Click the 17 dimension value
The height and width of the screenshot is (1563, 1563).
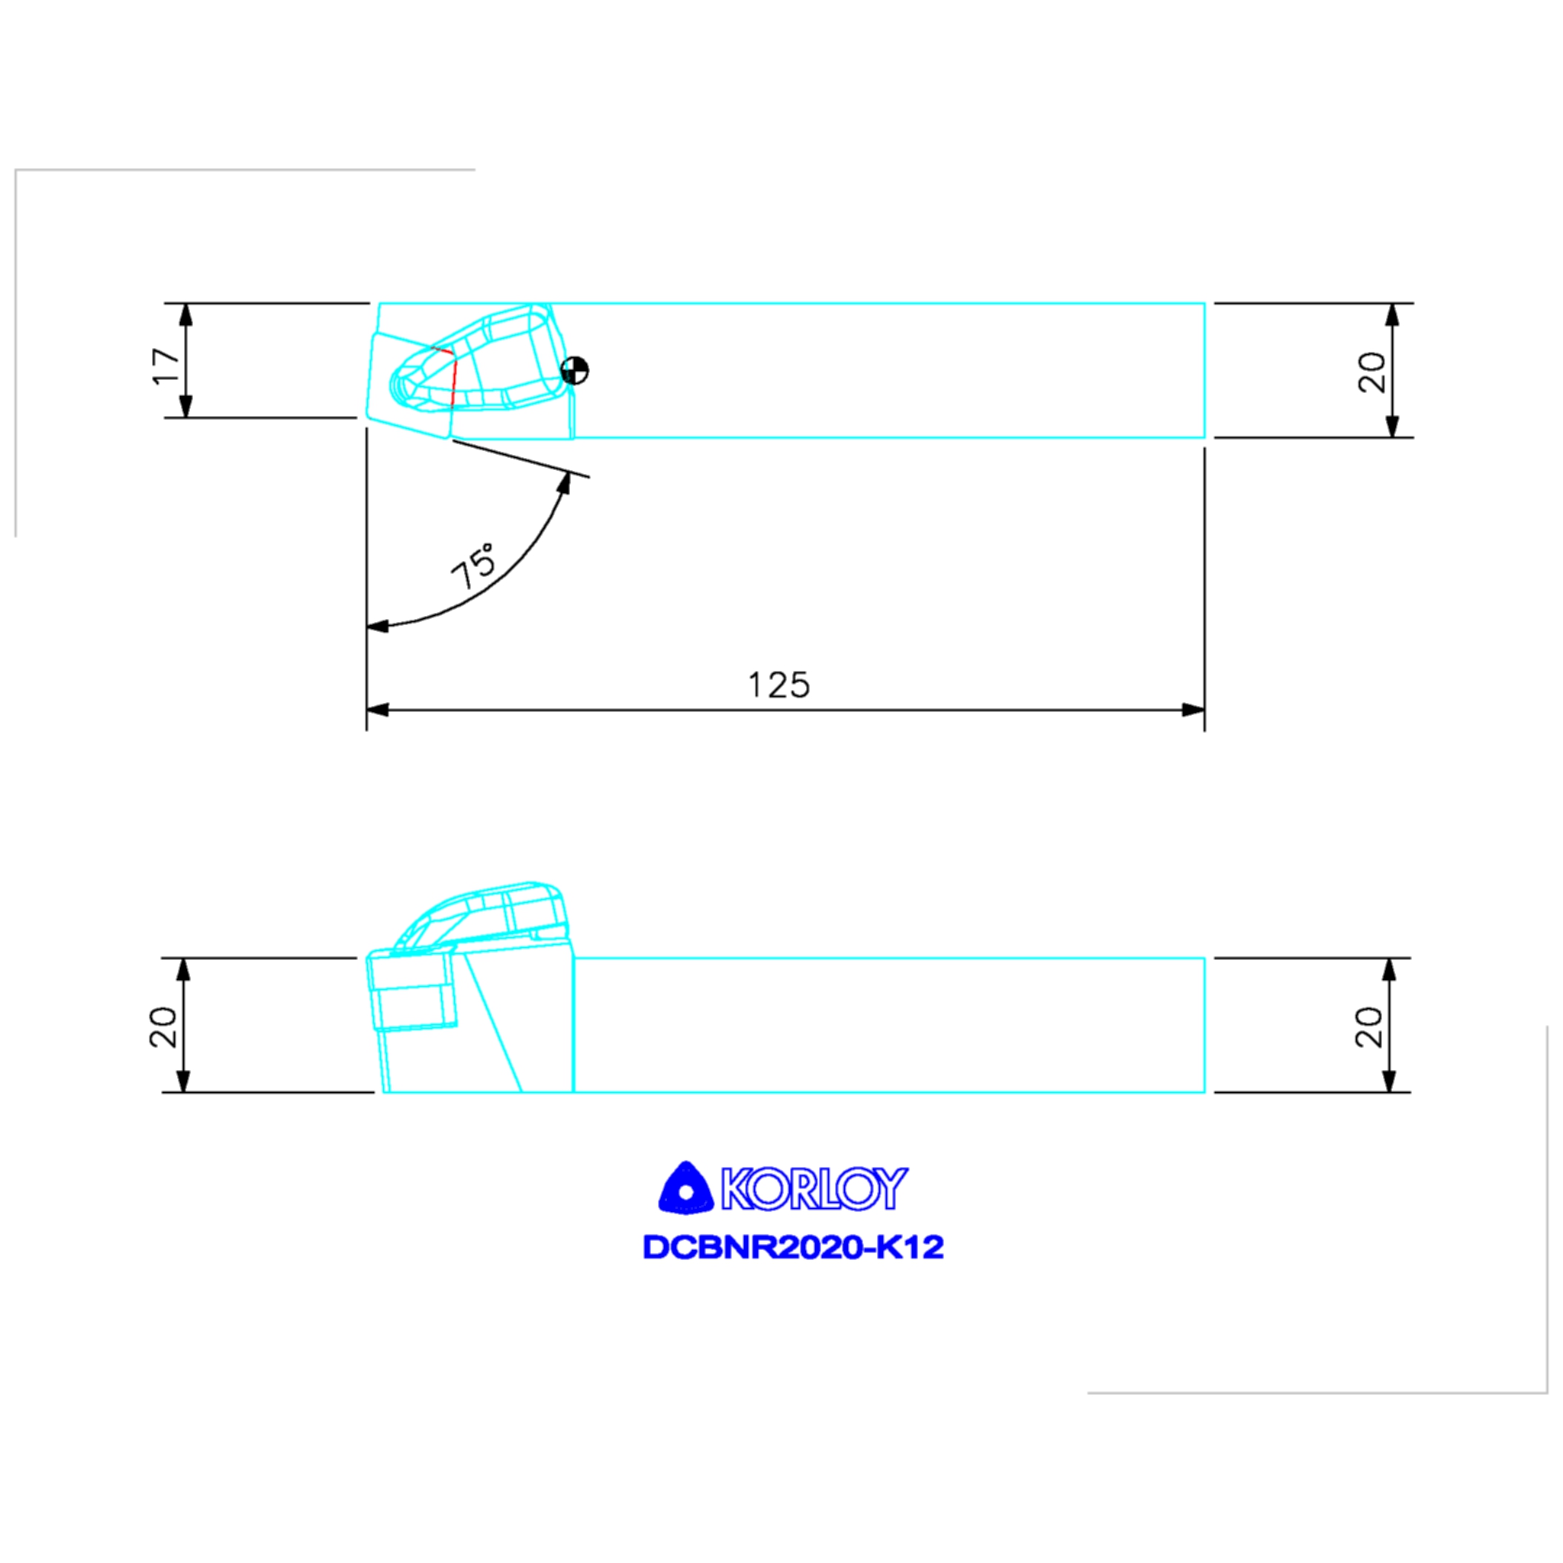click(x=166, y=366)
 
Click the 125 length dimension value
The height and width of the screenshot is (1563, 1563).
click(x=778, y=685)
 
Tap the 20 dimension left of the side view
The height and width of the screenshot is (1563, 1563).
click(x=163, y=1027)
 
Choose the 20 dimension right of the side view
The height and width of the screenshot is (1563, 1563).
click(x=1369, y=1027)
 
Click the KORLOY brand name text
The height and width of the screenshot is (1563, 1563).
click(x=814, y=1188)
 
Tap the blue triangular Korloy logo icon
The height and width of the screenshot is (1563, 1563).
click(x=685, y=1188)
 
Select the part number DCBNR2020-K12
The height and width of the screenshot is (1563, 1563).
click(x=793, y=1248)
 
